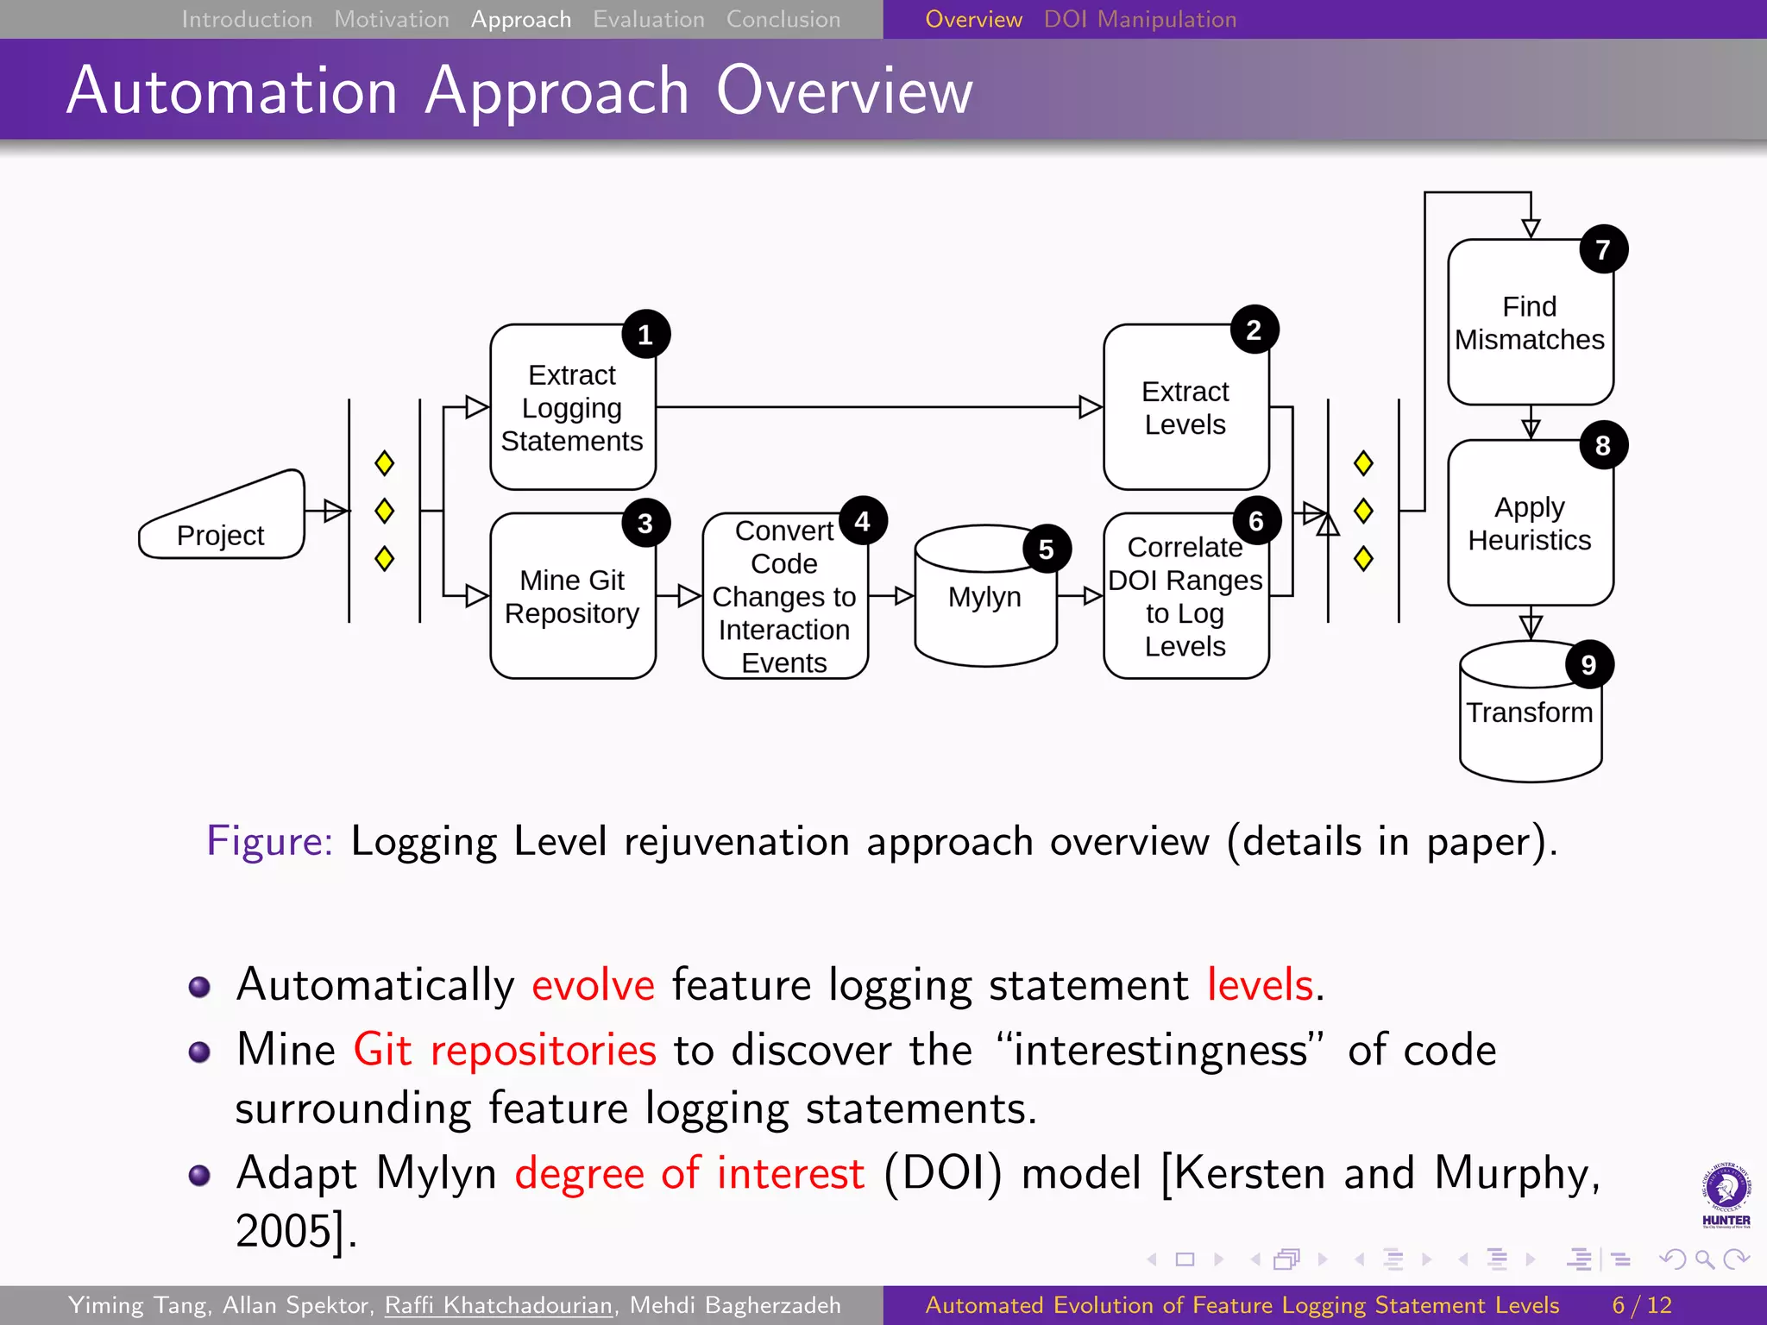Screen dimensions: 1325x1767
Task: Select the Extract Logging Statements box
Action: (572, 408)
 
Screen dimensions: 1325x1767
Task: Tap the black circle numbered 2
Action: (1254, 330)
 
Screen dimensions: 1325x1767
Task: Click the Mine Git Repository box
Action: (572, 597)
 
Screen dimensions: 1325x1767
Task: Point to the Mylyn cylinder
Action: (984, 598)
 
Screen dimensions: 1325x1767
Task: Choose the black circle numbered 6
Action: (1255, 521)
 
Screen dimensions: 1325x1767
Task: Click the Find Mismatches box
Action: (1530, 323)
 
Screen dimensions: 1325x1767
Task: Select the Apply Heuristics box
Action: (1530, 524)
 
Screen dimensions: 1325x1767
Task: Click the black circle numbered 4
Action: (862, 521)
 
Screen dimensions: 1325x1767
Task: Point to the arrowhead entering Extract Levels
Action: (1091, 407)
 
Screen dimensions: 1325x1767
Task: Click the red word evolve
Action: (593, 984)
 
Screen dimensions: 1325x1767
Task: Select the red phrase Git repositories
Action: (505, 1050)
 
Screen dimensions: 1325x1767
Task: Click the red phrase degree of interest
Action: (689, 1174)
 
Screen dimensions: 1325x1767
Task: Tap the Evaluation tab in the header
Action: (648, 19)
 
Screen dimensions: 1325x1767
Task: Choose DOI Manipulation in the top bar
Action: (1140, 19)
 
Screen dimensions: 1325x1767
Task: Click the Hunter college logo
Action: (1726, 1195)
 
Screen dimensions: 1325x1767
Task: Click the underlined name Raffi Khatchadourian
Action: (499, 1305)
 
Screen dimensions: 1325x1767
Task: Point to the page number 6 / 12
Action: (1641, 1305)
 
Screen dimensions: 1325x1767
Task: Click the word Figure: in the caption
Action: (269, 841)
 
